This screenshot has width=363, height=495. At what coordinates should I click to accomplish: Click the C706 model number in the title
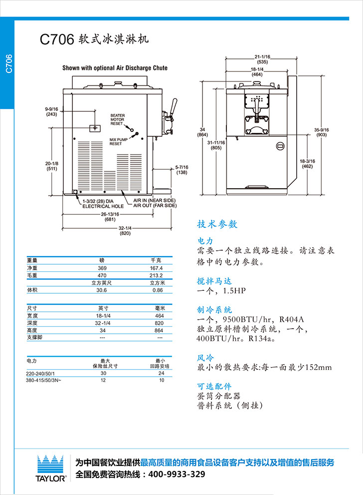click(x=57, y=39)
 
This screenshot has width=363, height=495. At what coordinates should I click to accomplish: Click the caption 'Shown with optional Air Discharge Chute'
click(x=115, y=68)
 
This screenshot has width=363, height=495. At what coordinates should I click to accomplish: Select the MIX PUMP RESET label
click(x=116, y=142)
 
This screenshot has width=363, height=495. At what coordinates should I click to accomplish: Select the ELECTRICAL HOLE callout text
click(x=103, y=205)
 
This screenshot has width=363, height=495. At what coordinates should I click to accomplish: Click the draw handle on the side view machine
click(x=174, y=107)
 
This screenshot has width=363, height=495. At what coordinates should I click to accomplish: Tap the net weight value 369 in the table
click(x=102, y=268)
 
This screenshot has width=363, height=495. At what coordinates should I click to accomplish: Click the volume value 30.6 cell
click(x=102, y=290)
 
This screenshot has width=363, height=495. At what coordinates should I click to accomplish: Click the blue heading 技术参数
click(x=217, y=224)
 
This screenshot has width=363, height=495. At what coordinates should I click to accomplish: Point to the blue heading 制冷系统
click(x=215, y=310)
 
